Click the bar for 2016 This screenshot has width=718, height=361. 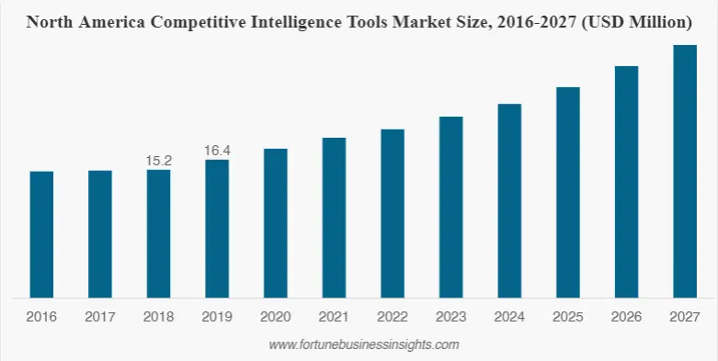click(41, 234)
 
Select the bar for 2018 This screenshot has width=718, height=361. click(158, 233)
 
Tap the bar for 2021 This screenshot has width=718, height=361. click(334, 218)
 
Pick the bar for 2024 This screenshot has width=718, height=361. click(509, 200)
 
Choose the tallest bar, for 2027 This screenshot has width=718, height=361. click(685, 171)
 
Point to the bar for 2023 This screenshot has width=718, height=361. click(450, 207)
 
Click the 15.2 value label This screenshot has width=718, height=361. click(159, 161)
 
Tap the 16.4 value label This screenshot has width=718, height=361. click(217, 150)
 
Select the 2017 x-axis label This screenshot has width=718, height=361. click(100, 317)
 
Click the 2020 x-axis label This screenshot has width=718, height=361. click(276, 317)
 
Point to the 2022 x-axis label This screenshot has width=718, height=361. click(393, 317)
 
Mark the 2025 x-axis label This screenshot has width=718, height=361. click(568, 317)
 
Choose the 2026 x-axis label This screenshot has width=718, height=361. click(626, 317)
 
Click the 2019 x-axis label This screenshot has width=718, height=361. click(217, 317)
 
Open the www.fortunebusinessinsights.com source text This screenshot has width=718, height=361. click(363, 344)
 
